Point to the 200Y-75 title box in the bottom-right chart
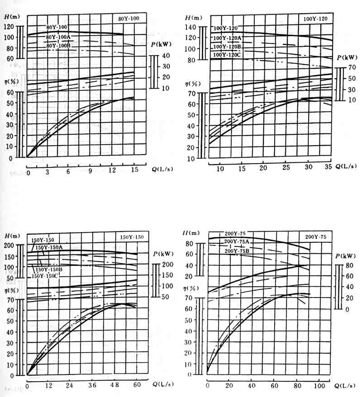click(x=315, y=237)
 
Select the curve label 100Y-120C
click(x=229, y=55)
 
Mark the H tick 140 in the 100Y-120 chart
click(x=192, y=27)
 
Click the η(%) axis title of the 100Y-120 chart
click(x=192, y=84)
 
